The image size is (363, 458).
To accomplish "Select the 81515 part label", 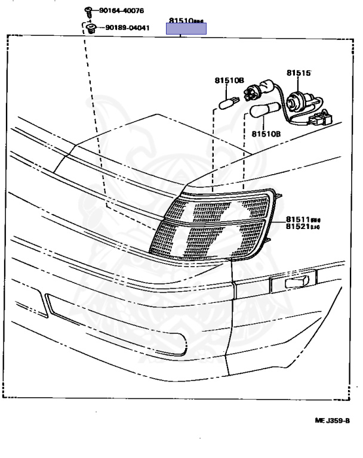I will [x=298, y=73].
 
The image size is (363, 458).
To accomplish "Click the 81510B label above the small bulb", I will [x=229, y=80].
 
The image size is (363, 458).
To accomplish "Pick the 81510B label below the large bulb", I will [x=265, y=134].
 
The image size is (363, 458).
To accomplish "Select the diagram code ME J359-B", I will [x=332, y=420].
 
